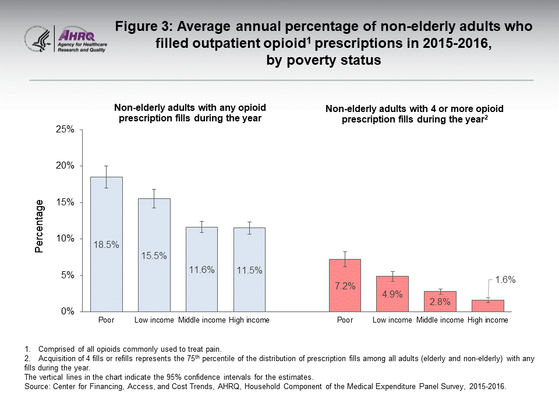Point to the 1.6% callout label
point(505,280)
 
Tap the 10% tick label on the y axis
point(65,239)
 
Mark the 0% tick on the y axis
point(67,311)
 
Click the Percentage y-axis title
point(40,226)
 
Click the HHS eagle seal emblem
point(37,40)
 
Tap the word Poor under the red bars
point(345,320)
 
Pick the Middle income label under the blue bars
point(201,320)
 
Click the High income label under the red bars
point(488,320)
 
